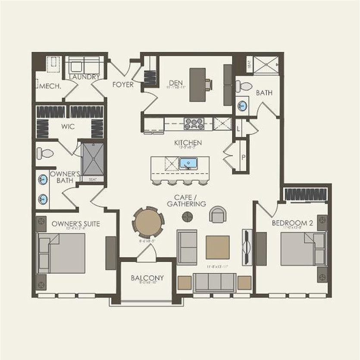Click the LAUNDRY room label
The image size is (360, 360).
pos(85,77)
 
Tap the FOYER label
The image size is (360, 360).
pos(123,85)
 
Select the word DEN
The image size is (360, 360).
pos(174,83)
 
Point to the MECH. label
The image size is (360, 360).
pos(50,86)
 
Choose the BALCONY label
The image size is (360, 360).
pos(147,278)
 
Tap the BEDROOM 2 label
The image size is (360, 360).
pos(292,223)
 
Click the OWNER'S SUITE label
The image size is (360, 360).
pos(76,224)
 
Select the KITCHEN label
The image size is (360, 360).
pos(188,143)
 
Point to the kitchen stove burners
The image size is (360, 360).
pos(194,124)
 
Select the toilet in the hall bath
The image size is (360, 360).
pos(245,86)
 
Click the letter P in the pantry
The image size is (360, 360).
pos(243,157)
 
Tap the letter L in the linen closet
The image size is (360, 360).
pos(238,128)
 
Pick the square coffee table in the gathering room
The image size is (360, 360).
pos(217,247)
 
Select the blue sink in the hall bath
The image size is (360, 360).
pos(242,106)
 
